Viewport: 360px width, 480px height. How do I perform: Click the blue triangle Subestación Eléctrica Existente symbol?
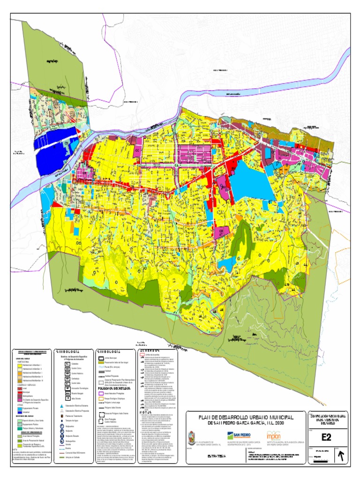[62, 405]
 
